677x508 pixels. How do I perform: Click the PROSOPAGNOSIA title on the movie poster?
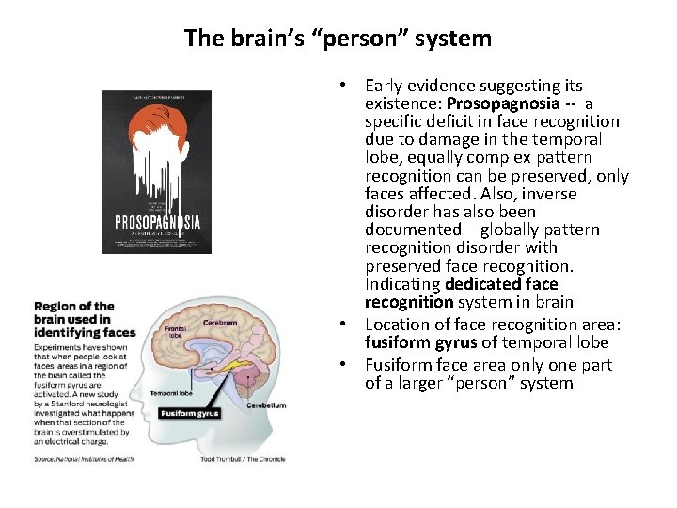[x=156, y=223]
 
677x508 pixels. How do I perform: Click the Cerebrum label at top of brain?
[x=218, y=322]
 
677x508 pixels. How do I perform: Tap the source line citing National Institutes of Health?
[x=84, y=459]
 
